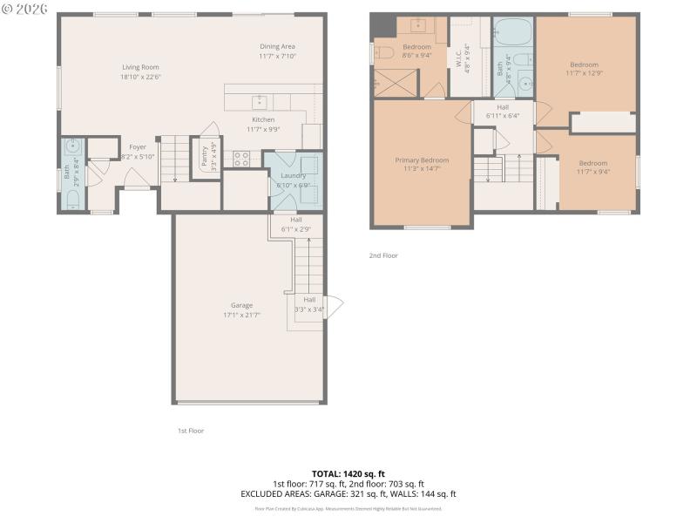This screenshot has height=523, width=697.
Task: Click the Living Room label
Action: pos(141,66)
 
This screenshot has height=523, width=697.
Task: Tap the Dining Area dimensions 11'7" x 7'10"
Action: pos(278,57)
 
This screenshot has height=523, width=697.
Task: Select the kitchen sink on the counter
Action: pos(258,101)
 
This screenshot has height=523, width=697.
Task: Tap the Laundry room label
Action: pos(293,175)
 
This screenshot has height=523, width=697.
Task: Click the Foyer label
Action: pos(138,147)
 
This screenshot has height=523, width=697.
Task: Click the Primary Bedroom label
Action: pos(422,160)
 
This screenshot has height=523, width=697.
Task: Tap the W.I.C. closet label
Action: pos(458,58)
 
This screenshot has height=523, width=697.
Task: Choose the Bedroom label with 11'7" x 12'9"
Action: pos(584,65)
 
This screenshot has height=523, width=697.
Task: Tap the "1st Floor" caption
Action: pos(191,431)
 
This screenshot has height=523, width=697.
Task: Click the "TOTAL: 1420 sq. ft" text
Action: pos(348,473)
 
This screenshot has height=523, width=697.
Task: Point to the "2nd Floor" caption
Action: pos(383,255)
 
